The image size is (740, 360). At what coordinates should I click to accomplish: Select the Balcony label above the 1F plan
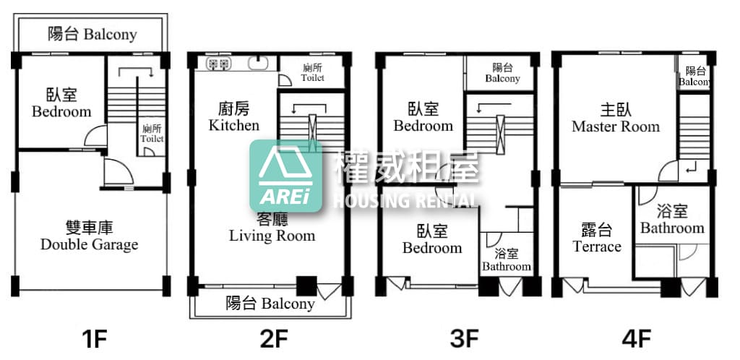pyautogui.click(x=92, y=34)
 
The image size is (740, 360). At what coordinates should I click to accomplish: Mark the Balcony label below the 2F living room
pyautogui.click(x=270, y=303)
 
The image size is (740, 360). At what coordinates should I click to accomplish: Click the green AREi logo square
pyautogui.click(x=286, y=176)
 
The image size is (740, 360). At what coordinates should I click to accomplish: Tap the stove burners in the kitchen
pyautogui.click(x=218, y=64)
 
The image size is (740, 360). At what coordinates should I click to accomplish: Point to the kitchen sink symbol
pyautogui.click(x=258, y=64)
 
